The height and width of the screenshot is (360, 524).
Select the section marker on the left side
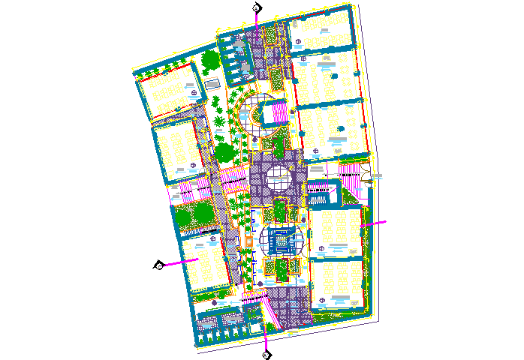[159, 265]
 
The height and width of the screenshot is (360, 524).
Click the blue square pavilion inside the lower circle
[283, 241]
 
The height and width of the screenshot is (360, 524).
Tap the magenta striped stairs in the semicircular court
[279, 114]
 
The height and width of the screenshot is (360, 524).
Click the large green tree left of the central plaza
[224, 152]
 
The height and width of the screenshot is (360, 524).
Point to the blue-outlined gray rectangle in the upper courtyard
[212, 82]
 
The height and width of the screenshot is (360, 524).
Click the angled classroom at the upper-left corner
[169, 92]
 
